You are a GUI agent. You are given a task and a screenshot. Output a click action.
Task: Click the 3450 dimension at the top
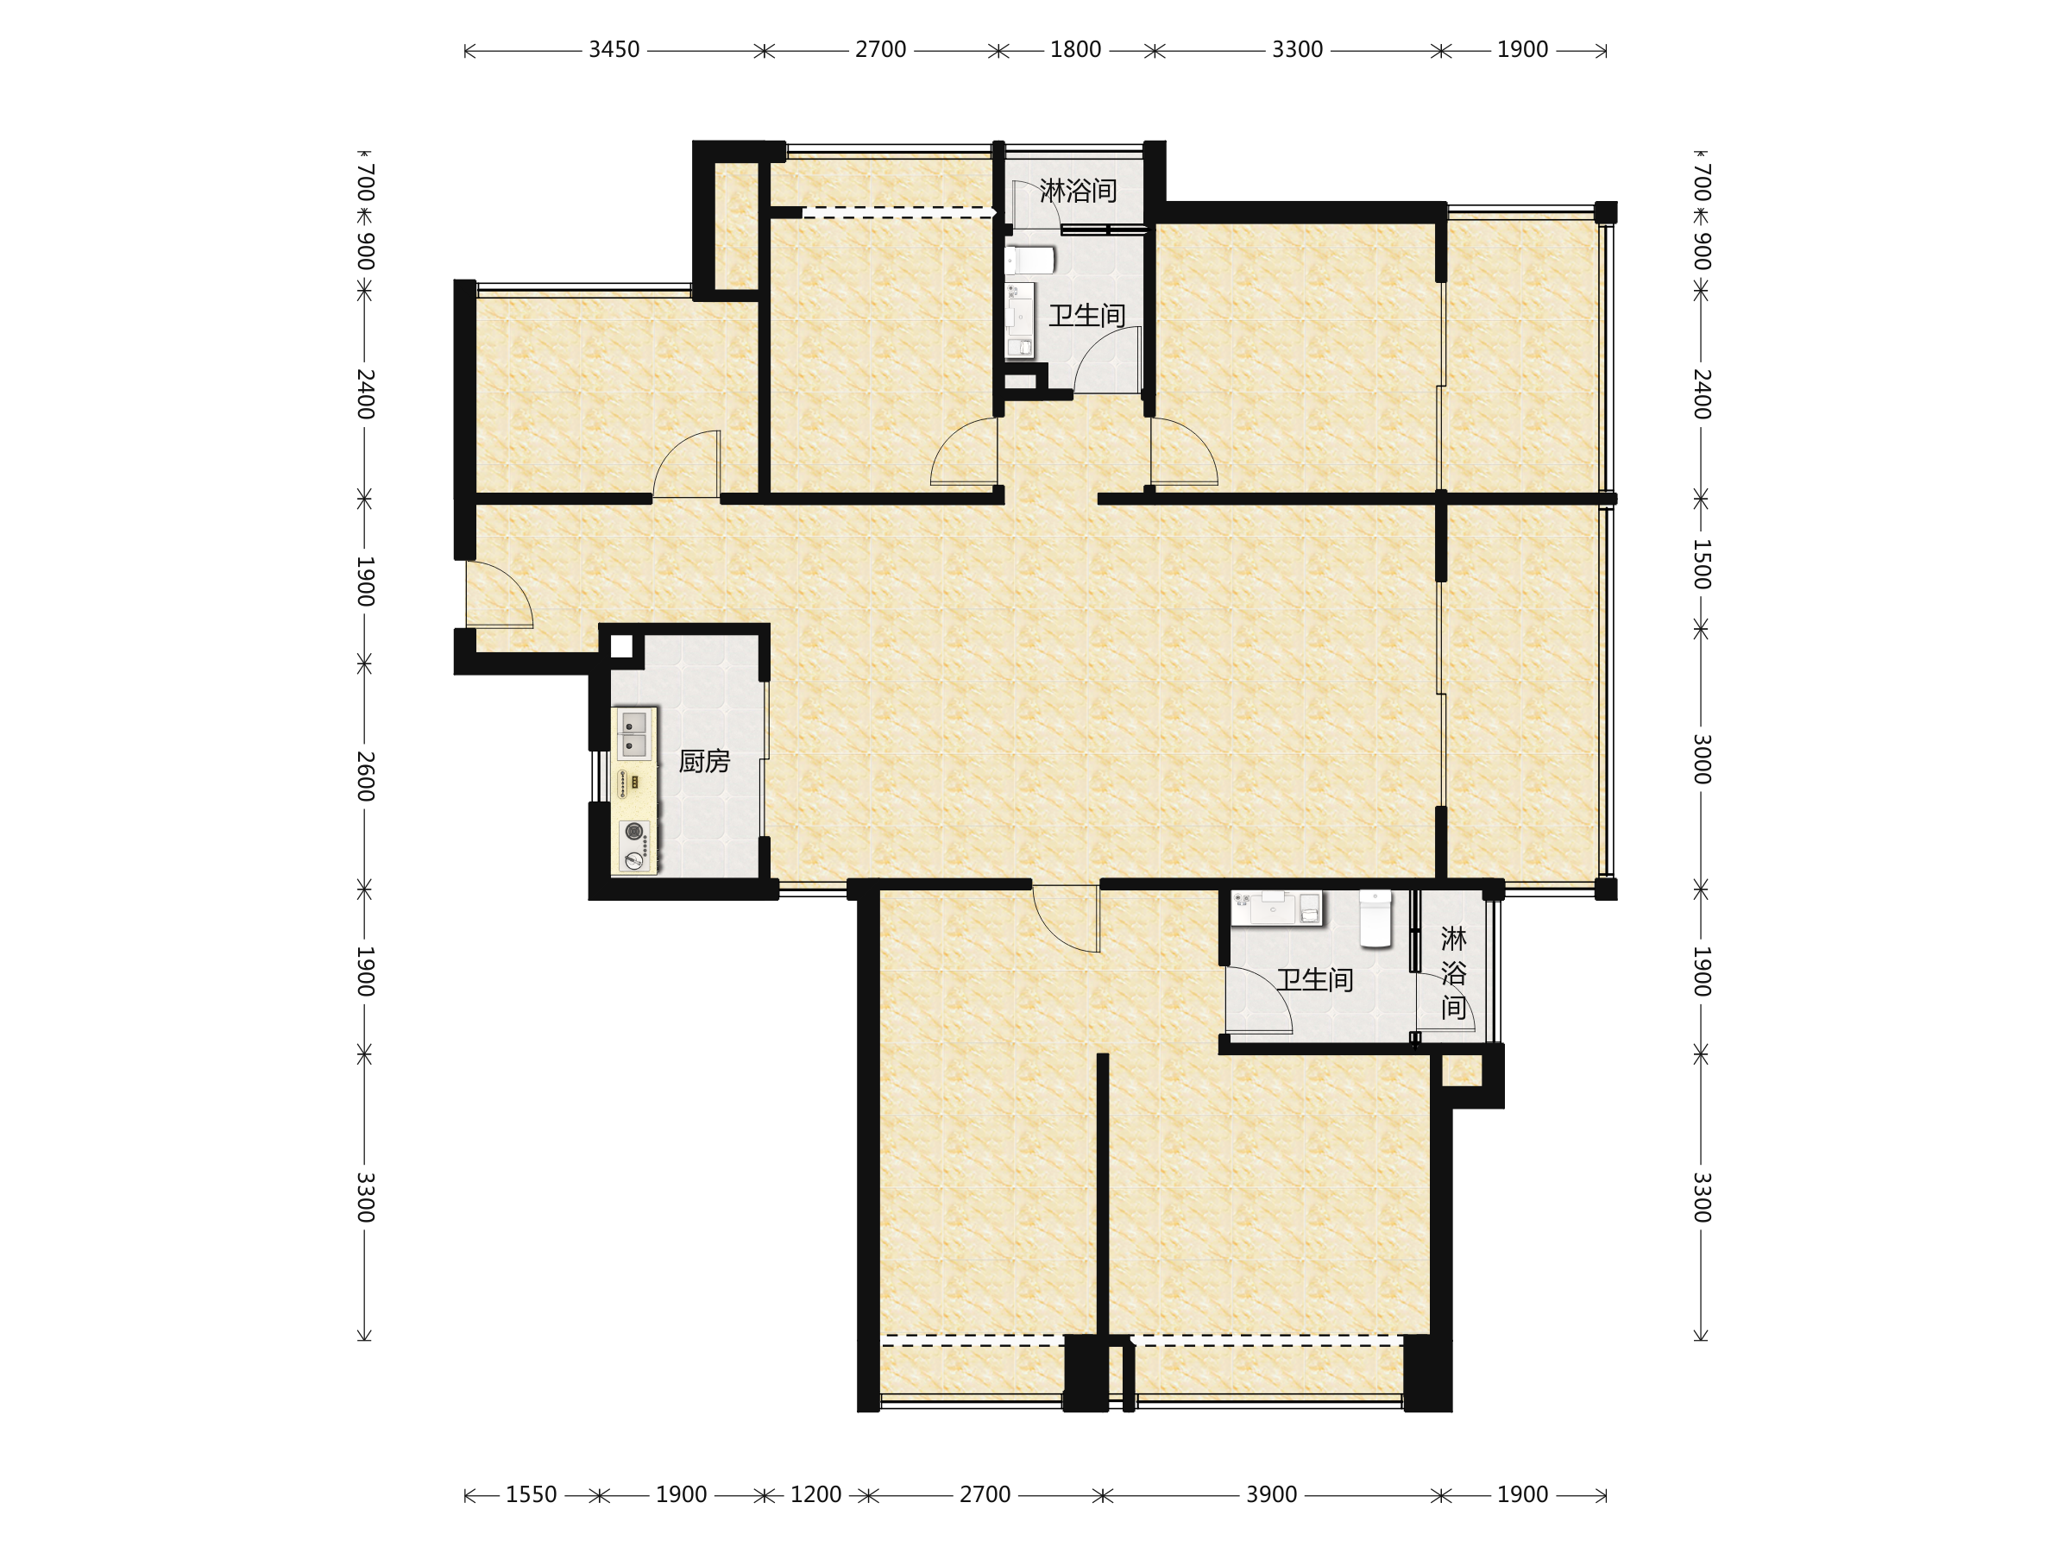(614, 50)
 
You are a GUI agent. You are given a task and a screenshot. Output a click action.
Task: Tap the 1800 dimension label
(1075, 50)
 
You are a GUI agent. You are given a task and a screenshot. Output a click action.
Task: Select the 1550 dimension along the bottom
(531, 1495)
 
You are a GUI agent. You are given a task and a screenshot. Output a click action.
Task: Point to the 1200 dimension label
(815, 1495)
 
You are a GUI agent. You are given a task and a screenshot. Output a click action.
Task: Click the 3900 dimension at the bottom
(1271, 1495)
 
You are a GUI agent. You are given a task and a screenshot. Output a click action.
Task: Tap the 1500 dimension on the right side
(1703, 564)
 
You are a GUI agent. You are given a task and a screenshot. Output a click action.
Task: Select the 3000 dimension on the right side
(1703, 759)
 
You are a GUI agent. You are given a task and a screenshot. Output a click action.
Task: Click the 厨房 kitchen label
(704, 761)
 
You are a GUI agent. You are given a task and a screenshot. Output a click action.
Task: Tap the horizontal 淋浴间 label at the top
(1078, 191)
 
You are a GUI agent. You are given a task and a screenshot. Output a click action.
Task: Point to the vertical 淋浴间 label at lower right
(1453, 972)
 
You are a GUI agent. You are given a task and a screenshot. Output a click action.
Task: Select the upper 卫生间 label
(1086, 316)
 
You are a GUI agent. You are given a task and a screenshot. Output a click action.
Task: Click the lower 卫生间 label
(1314, 980)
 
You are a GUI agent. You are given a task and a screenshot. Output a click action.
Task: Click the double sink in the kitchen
(634, 734)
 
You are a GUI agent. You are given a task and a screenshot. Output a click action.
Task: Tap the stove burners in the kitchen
(635, 846)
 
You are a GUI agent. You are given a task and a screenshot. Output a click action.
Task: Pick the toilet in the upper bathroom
(1029, 260)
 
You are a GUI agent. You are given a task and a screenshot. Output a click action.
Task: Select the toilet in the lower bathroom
(1375, 918)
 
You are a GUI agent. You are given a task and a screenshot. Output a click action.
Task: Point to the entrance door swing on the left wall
(500, 594)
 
